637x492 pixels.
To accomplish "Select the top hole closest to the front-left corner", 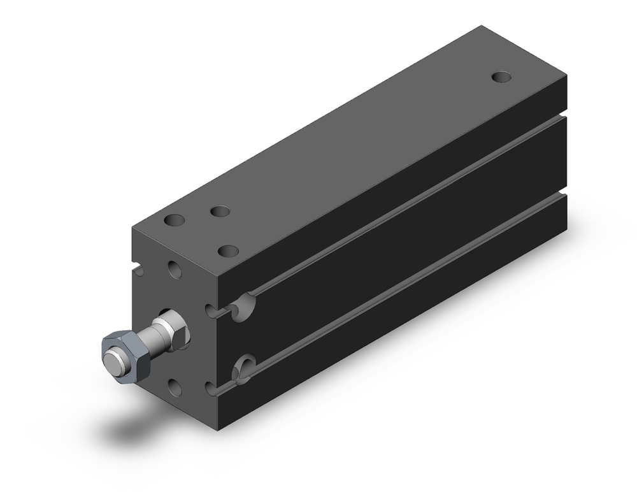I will coord(174,221).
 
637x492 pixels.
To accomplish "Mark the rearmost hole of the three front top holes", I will coord(220,211).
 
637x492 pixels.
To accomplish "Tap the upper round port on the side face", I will coord(242,307).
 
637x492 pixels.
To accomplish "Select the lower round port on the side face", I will coord(243,370).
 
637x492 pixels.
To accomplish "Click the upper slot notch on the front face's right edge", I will coord(211,311).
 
